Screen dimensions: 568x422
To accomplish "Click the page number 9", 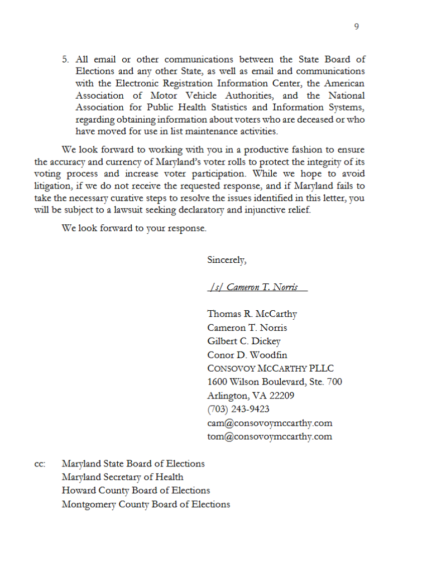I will click(x=357, y=26).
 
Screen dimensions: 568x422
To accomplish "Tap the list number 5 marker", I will click(x=65, y=59).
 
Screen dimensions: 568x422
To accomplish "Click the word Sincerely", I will click(x=226, y=260).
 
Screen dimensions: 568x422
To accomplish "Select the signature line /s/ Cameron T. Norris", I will click(x=257, y=287).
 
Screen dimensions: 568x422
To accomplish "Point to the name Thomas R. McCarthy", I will click(x=252, y=314).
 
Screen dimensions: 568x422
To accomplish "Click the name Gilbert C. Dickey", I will click(x=243, y=341).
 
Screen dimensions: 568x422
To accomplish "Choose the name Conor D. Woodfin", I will click(x=247, y=355).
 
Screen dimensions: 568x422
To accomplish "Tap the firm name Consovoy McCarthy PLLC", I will click(x=270, y=369).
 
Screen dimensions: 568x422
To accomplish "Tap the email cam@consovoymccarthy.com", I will click(x=270, y=423).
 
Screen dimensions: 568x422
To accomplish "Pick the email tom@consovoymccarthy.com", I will click(x=270, y=436).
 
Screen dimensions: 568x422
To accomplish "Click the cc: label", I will click(x=40, y=464).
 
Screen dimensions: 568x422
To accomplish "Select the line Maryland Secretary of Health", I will click(x=122, y=478).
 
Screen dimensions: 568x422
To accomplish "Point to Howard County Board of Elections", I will click(x=136, y=491).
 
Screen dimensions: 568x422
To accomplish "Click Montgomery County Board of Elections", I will click(x=146, y=505).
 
